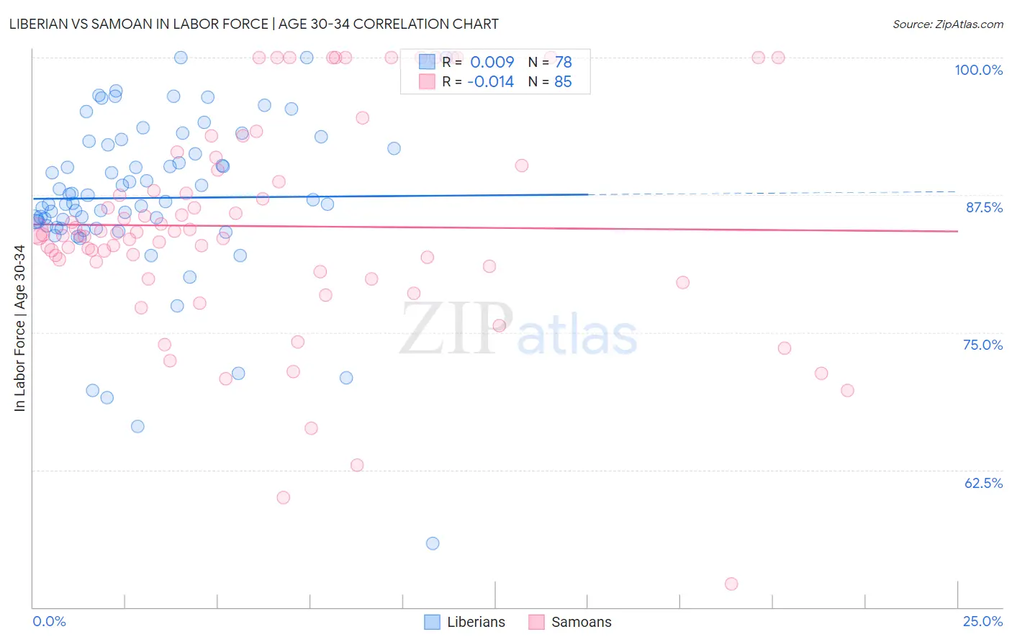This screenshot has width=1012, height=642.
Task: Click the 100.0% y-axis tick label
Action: (x=978, y=70)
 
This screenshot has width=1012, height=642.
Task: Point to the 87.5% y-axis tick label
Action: (x=984, y=207)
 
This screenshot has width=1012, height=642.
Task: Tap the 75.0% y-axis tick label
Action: (x=982, y=345)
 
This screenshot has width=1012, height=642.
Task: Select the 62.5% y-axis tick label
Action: (x=983, y=483)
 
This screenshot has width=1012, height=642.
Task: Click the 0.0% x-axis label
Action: (x=49, y=621)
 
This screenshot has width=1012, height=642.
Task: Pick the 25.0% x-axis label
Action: (x=982, y=621)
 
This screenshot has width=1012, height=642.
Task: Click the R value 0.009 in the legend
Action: (x=492, y=62)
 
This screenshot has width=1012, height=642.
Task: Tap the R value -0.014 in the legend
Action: (x=490, y=82)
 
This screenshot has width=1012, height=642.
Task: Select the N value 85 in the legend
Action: (x=563, y=82)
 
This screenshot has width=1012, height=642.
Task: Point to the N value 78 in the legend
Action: (x=563, y=62)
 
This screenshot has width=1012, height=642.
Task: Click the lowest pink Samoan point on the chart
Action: (x=731, y=584)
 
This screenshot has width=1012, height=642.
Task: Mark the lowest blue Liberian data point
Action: (x=433, y=543)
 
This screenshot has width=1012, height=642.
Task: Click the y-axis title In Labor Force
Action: (x=19, y=328)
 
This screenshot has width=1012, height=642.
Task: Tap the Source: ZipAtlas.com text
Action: (x=947, y=24)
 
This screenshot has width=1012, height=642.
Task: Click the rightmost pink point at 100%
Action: (x=778, y=58)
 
